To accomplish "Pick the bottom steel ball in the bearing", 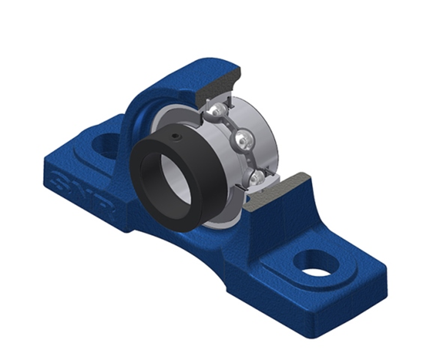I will click(257, 179).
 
